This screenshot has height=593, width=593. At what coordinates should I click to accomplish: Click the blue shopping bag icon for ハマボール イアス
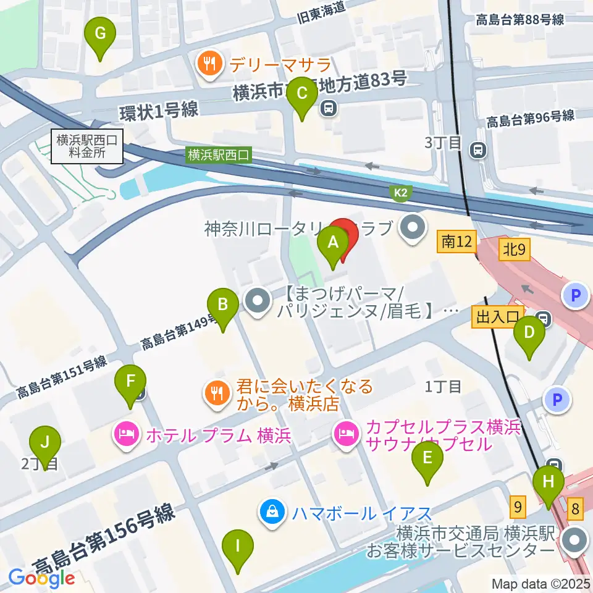(x=272, y=512)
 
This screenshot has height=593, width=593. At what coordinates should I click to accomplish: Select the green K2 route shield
(x=401, y=194)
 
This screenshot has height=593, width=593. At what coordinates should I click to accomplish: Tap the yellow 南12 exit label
(x=457, y=243)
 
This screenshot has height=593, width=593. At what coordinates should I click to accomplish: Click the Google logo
(x=42, y=578)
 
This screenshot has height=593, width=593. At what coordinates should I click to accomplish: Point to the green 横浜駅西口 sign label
(x=220, y=155)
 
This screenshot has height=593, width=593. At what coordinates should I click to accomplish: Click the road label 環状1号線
(x=159, y=111)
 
